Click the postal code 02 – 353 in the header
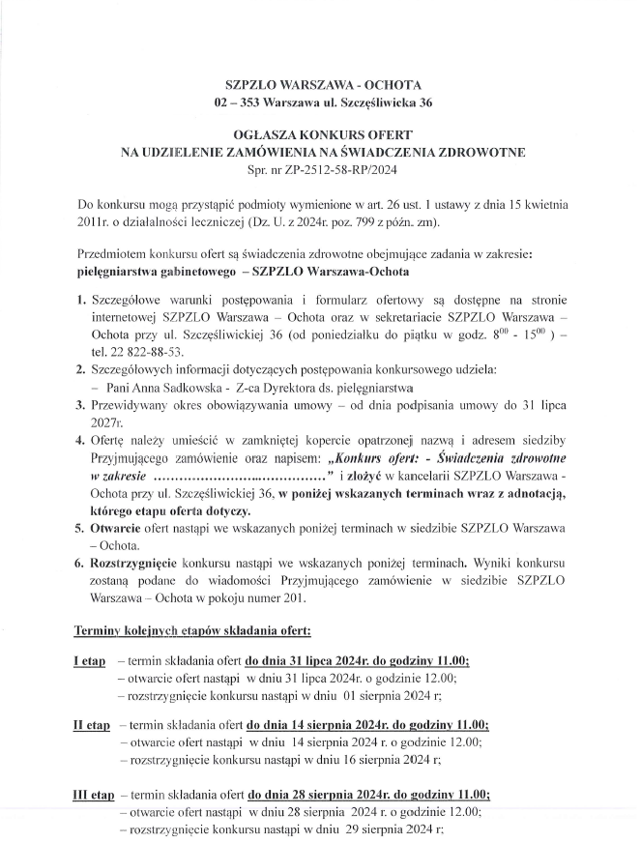[235, 102]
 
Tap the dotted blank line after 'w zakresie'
[239, 473]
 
